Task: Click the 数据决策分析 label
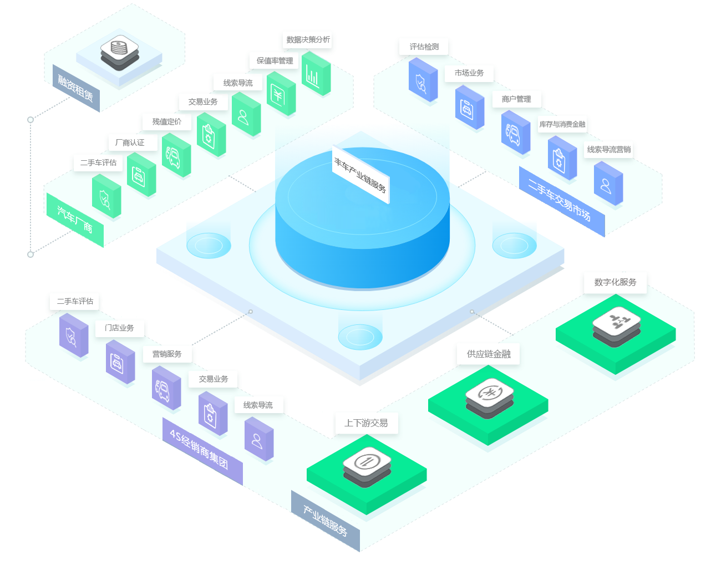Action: click(x=308, y=40)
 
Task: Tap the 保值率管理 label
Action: click(x=275, y=61)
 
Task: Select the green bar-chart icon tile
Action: click(x=316, y=75)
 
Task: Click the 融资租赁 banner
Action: click(x=76, y=88)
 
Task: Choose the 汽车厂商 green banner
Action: click(x=75, y=220)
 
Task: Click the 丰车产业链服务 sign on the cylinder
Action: click(x=360, y=175)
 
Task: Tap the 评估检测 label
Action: click(x=424, y=47)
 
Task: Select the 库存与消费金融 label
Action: click(x=562, y=125)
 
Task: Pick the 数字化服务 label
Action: click(x=615, y=282)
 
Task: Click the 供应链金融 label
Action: click(x=489, y=354)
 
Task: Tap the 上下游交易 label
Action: click(x=366, y=423)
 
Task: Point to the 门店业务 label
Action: click(x=119, y=328)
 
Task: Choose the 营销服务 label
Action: click(x=167, y=354)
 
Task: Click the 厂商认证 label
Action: click(x=130, y=143)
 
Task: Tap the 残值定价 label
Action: click(x=167, y=122)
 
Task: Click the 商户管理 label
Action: click(x=516, y=99)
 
